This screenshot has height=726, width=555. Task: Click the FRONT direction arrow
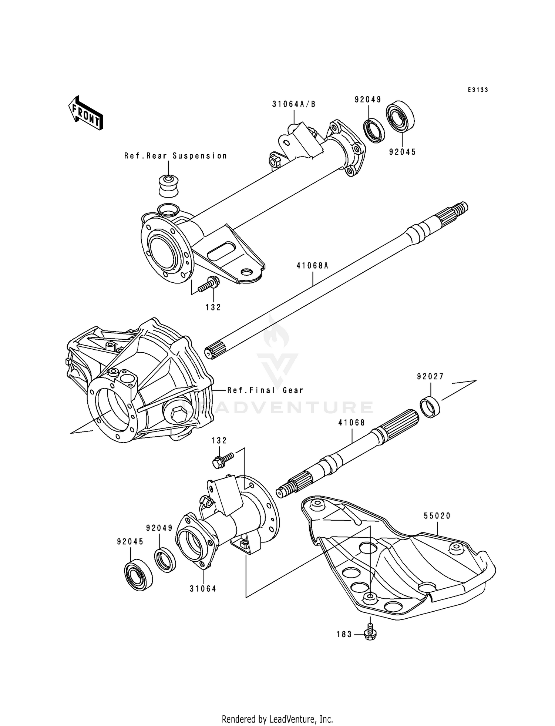click(85, 113)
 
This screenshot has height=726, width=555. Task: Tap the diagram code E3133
click(478, 90)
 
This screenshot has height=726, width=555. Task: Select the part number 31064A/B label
click(294, 104)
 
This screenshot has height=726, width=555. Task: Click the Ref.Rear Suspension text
click(175, 156)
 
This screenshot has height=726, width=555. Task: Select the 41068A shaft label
click(312, 265)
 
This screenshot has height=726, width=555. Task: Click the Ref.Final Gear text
click(265, 390)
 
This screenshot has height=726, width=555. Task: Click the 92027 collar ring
click(431, 407)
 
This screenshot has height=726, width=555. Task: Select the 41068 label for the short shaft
click(351, 423)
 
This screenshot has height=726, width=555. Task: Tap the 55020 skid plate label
click(437, 516)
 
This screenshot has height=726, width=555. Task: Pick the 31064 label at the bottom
click(203, 589)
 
